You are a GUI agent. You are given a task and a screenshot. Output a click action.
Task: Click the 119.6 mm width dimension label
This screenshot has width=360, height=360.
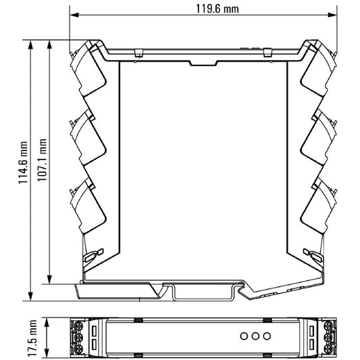pyautogui.click(x=217, y=9)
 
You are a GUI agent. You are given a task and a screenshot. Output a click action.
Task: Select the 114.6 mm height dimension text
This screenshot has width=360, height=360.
pyautogui.click(x=23, y=163)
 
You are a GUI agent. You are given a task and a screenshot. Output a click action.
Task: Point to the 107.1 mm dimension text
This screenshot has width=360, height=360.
pyautogui.click(x=42, y=160)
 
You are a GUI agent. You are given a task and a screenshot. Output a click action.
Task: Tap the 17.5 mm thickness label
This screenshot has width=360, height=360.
pyautogui.click(x=32, y=338)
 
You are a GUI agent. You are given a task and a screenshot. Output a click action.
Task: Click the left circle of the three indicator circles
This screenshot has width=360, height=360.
pyautogui.click(x=244, y=336)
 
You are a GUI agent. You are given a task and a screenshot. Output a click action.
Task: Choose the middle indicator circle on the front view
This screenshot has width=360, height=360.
pyautogui.click(x=255, y=336)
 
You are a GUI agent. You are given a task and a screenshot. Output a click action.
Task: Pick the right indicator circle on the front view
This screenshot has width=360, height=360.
pyautogui.click(x=267, y=336)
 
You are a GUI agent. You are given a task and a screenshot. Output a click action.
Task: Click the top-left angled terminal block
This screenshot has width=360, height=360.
pyautogui.click(x=88, y=69)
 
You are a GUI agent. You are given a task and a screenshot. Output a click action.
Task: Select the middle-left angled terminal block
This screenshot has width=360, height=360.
pyautogui.click(x=88, y=138)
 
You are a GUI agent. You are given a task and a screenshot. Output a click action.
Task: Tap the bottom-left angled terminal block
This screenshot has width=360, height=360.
pyautogui.click(x=88, y=207)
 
